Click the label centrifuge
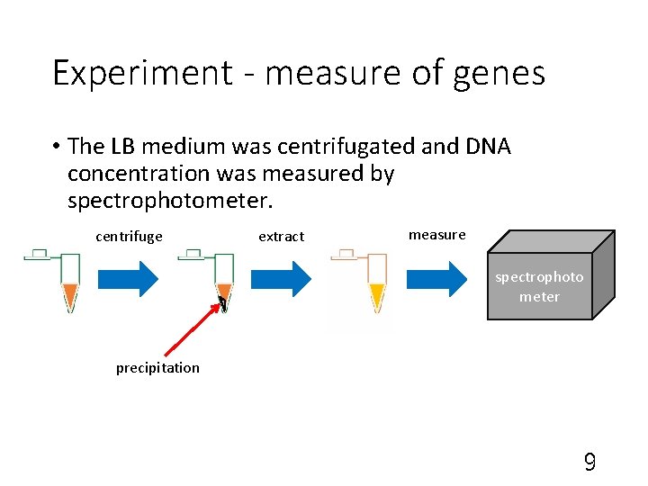tap(129, 237)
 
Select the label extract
tap(281, 237)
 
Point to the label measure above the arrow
tap(436, 235)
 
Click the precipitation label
tap(157, 367)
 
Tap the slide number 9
tap(589, 463)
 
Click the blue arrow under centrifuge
tap(127, 279)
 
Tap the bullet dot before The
tap(56, 147)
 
